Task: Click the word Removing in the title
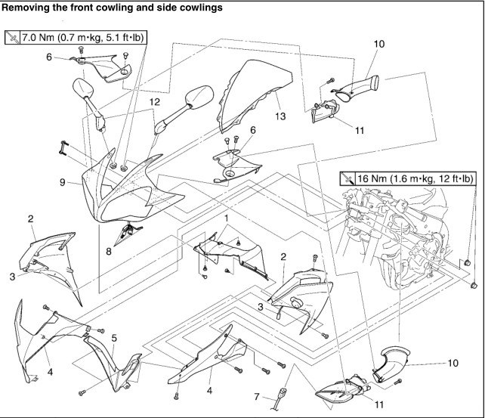(x=28, y=7)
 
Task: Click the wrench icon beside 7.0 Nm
(x=14, y=36)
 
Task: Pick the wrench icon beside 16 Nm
(x=348, y=178)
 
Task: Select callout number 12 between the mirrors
(x=154, y=101)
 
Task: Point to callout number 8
(x=108, y=251)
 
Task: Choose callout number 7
(x=256, y=396)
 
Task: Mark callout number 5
(x=113, y=338)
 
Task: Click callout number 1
(x=224, y=218)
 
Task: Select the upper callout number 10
(x=379, y=44)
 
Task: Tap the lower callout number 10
(x=453, y=363)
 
